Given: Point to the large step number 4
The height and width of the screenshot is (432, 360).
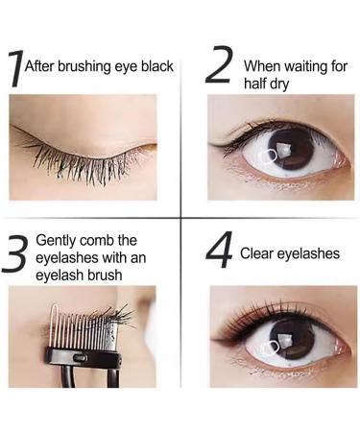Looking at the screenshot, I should (220, 252).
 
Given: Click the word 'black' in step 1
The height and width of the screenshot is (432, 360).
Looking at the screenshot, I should (156, 66).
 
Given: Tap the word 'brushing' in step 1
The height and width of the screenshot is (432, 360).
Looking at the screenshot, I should (87, 66).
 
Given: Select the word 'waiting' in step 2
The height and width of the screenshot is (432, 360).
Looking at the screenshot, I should (302, 67).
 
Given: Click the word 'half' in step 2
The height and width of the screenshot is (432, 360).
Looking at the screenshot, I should (257, 84).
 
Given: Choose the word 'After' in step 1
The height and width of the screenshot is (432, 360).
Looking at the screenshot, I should (41, 66).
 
